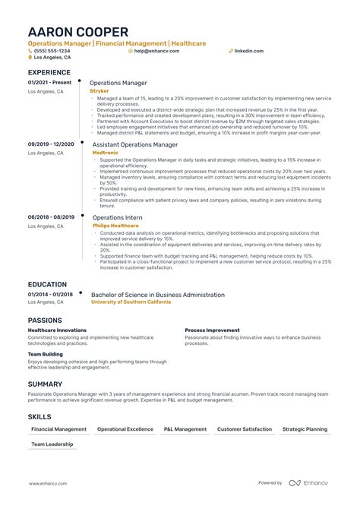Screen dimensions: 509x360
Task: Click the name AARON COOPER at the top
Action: point(78,32)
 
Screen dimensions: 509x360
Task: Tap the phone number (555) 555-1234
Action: point(51,51)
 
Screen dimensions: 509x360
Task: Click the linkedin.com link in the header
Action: point(249,51)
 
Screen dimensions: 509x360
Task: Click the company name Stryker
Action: point(99,90)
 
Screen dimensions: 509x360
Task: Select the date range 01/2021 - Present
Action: point(49,82)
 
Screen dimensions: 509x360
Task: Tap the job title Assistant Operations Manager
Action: point(135,144)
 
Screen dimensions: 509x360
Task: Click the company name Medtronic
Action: point(104,152)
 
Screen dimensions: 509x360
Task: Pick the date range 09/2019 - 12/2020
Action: point(51,144)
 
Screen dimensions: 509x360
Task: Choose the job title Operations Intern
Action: point(118,217)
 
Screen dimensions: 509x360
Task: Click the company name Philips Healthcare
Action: point(115,226)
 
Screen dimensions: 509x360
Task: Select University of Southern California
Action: point(131,302)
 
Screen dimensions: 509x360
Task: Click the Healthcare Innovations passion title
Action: point(57,330)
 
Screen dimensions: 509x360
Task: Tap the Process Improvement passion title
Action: point(212,330)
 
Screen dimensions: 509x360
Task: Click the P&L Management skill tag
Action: point(185,429)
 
